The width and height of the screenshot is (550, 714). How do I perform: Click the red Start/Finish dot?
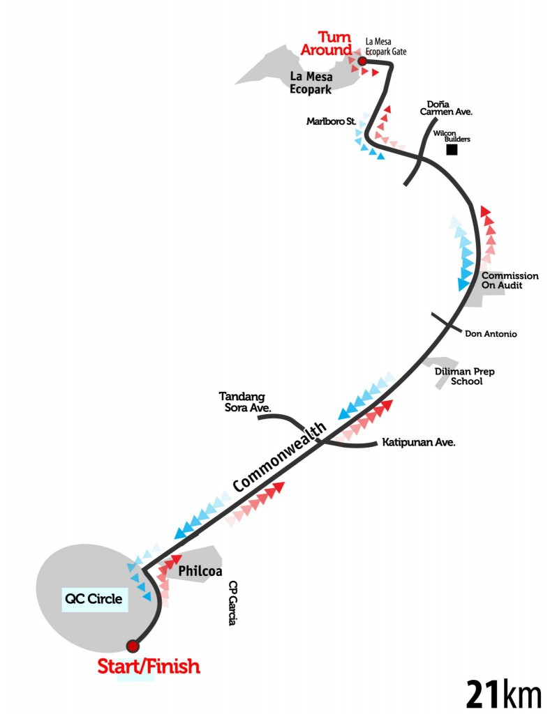[x=133, y=646]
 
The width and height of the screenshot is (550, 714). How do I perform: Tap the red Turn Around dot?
[x=362, y=61]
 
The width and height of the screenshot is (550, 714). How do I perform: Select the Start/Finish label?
[x=149, y=666]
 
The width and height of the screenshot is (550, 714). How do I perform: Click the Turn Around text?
[x=327, y=43]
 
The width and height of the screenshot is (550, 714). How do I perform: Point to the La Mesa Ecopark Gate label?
[x=385, y=47]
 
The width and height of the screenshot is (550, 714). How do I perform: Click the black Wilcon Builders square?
[x=452, y=149]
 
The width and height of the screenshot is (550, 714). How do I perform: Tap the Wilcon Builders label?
[x=452, y=136]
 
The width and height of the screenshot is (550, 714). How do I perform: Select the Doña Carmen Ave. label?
[x=446, y=108]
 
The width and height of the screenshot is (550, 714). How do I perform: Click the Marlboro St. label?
[x=332, y=121]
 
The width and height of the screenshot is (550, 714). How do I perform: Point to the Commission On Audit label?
[x=510, y=280]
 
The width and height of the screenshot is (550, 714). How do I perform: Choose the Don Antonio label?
[x=491, y=334]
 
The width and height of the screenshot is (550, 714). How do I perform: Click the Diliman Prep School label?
[x=464, y=377]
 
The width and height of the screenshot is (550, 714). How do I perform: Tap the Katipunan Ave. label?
[x=419, y=442]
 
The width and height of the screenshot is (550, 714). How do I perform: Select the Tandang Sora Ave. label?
[x=245, y=402]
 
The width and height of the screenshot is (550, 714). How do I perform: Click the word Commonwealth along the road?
[x=279, y=457]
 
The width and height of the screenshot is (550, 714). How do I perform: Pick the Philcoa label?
[x=200, y=571]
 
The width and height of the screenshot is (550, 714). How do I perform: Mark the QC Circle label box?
[x=95, y=599]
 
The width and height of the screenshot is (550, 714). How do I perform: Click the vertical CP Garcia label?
[x=233, y=603]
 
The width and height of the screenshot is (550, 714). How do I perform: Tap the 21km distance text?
[x=503, y=694]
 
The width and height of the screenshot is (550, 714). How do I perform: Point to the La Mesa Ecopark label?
[x=311, y=83]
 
